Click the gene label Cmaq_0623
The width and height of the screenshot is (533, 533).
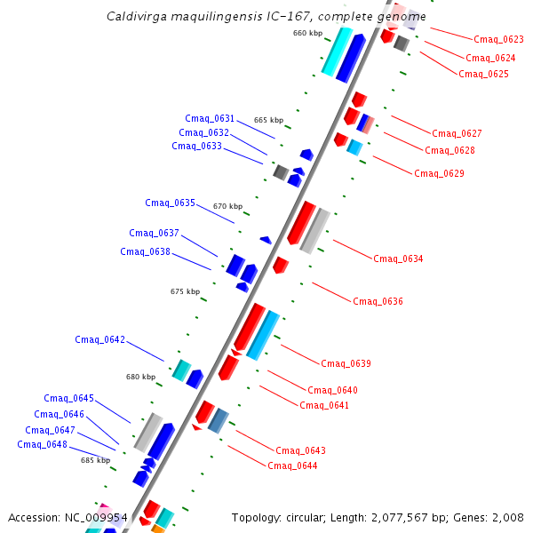tap(498, 39)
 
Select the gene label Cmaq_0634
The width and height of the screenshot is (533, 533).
tap(398, 259)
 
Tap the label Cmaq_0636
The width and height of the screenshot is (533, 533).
tap(378, 302)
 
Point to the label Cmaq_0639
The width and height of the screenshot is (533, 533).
tap(346, 363)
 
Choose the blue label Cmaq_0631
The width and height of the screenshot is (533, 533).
tap(210, 119)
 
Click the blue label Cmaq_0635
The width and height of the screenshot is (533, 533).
tap(170, 203)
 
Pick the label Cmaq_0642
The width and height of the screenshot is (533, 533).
tap(99, 340)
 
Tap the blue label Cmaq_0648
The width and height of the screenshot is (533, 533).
tap(42, 445)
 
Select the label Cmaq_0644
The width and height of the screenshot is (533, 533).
tap(292, 465)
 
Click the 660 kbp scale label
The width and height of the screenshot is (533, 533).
tap(307, 34)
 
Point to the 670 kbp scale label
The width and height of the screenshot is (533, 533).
tap(227, 206)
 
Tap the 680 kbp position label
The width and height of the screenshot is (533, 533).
tap(140, 377)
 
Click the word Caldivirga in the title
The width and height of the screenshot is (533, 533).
tap(135, 17)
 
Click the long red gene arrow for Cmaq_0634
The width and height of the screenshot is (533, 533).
tap(301, 223)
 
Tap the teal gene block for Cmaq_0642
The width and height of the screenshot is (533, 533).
tap(181, 370)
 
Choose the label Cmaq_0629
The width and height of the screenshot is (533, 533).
tap(439, 173)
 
